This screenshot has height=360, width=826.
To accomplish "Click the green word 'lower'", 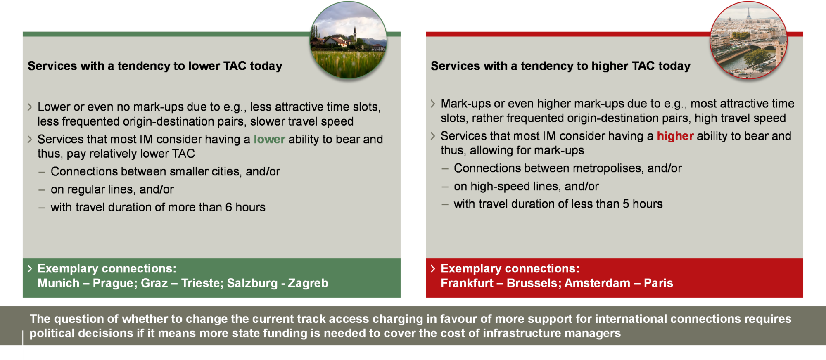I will click(269, 139).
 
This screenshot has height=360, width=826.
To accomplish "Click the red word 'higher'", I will click(675, 136).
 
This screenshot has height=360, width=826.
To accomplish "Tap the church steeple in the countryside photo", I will click(355, 32).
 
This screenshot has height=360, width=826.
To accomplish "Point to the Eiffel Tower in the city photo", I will click(748, 14).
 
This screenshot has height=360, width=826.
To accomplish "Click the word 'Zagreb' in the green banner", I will click(308, 283).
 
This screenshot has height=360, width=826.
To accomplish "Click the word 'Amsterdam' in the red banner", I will click(597, 283).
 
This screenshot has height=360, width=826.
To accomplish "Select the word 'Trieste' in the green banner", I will click(200, 283).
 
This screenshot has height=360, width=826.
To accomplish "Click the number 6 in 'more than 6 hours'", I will click(228, 207).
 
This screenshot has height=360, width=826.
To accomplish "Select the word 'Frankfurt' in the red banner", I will click(467, 283).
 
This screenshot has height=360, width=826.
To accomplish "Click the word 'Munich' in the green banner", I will click(58, 283).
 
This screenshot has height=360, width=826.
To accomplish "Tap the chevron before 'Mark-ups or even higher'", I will click(433, 104).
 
